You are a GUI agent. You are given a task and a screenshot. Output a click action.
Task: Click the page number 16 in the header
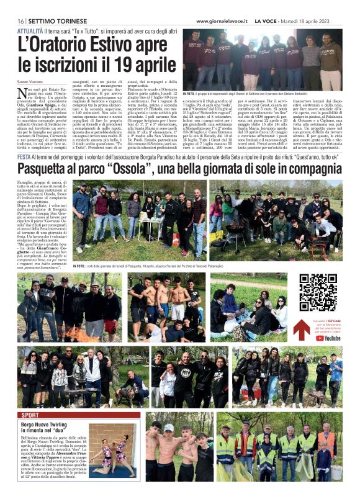click(20, 20)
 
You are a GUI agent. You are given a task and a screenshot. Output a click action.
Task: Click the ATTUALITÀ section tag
click(30, 30)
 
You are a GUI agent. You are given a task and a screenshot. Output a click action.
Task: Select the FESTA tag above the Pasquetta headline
click(25, 158)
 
